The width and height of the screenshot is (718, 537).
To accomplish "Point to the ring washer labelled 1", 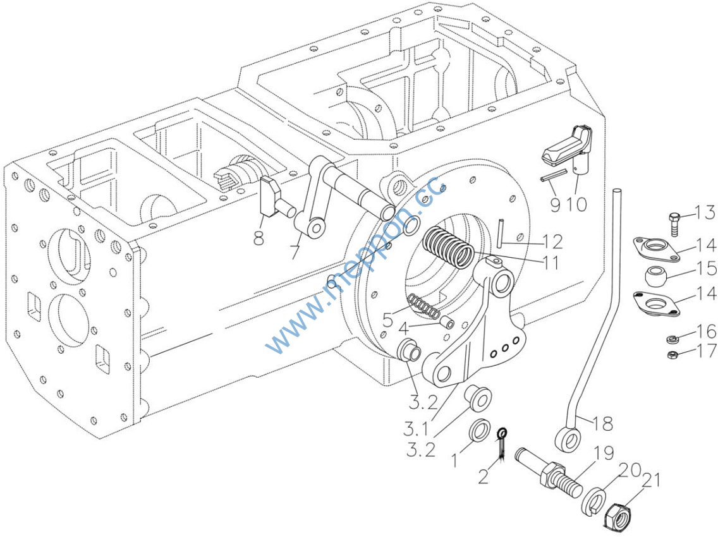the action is click(x=480, y=430).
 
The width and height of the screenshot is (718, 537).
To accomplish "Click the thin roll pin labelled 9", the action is click(x=553, y=176).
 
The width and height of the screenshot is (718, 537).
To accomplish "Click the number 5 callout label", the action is click(x=387, y=319).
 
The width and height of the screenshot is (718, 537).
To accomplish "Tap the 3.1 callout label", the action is click(x=416, y=428).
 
